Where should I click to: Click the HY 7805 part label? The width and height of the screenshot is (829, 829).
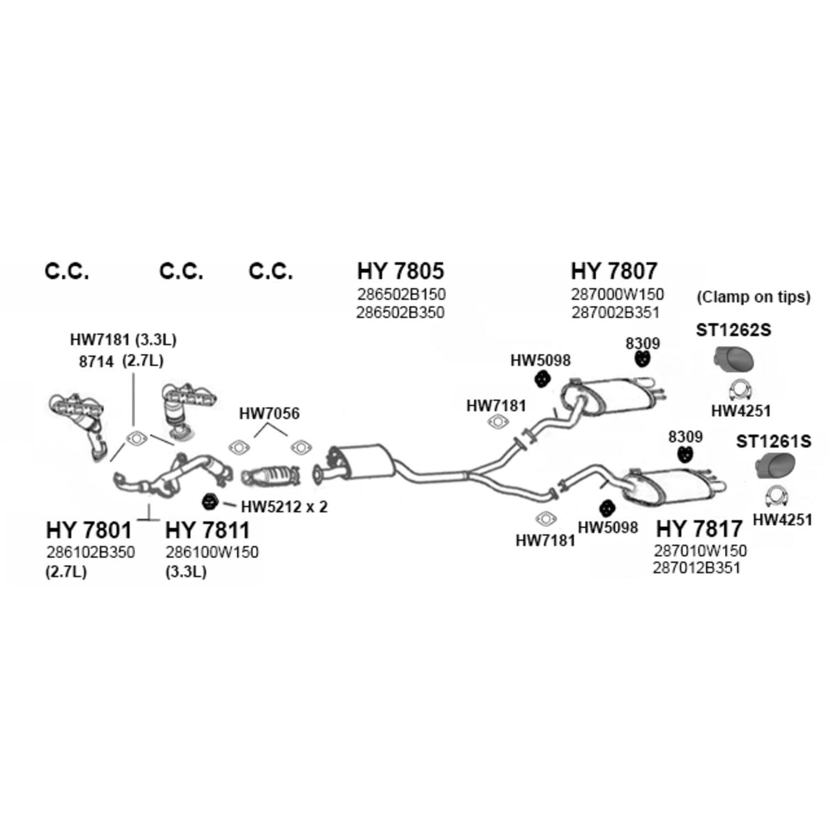pos(401,271)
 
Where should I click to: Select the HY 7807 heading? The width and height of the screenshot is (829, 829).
pos(614,271)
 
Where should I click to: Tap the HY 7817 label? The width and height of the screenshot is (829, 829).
pos(699,529)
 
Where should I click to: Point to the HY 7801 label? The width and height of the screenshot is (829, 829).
pos(89,530)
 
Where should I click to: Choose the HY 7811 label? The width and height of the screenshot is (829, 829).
pos(208,530)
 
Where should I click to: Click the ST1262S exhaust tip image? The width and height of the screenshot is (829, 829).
pos(733,359)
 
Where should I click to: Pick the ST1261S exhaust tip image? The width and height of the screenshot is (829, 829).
pos(775,465)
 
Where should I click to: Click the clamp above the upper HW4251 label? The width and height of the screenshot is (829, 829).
pos(741,390)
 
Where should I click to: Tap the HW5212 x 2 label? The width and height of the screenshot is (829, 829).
pos(284,506)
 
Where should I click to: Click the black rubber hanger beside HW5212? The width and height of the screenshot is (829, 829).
pos(209,501)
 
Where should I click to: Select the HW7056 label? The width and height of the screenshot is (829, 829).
pos(269,413)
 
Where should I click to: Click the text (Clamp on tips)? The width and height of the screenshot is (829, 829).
pos(753,297)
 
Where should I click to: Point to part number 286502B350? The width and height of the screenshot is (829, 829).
pos(400,313)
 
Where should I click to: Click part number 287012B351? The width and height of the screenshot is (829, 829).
pos(696,568)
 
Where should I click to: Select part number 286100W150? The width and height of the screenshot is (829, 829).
pos(212,552)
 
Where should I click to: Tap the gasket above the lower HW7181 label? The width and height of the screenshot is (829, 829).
pos(546,518)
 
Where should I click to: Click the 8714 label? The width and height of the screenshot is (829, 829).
pos(96,361)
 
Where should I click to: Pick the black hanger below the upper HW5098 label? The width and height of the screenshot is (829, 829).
pos(542,380)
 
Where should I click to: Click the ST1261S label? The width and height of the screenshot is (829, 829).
pos(774,441)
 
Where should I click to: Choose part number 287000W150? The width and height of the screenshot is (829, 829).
pos(617,294)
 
